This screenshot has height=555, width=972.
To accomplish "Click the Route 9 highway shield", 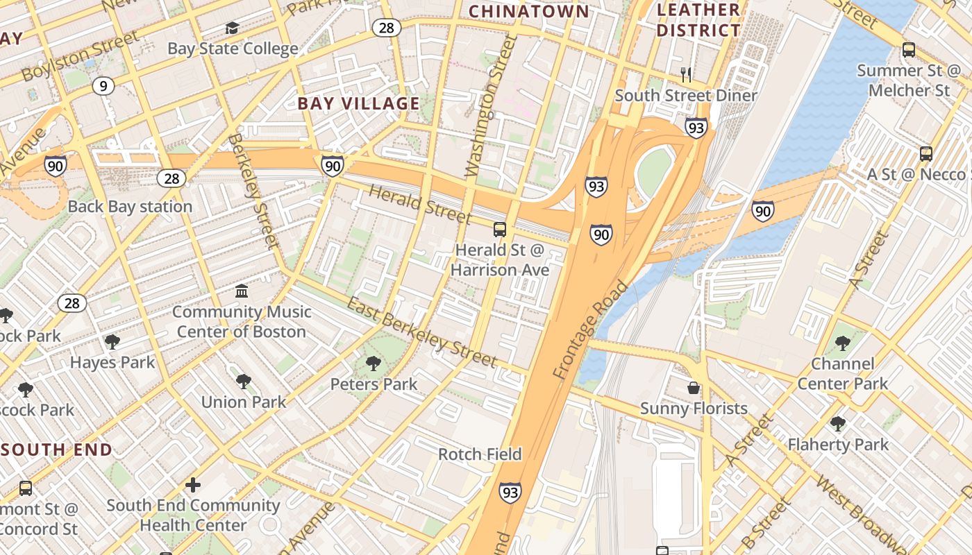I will click(103, 86).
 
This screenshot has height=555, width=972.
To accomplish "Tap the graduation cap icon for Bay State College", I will click(232, 28).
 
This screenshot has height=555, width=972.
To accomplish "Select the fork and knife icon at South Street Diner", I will click(686, 74).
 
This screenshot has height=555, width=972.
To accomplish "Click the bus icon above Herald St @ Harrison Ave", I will click(499, 230).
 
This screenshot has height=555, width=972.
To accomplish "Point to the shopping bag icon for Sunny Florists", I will click(694, 388).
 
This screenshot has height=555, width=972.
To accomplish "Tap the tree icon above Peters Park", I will click(374, 363).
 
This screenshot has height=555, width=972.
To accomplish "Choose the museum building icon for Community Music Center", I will click(242, 291).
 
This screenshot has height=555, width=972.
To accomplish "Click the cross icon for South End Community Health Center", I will click(193, 484).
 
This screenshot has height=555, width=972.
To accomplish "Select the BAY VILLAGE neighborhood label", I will click(358, 104).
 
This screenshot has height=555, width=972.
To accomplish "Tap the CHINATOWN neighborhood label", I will click(528, 11).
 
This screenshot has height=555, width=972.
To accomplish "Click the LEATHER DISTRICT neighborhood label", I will click(698, 20).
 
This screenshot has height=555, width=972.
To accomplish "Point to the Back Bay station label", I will click(130, 207).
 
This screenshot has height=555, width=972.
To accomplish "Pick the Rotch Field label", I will click(480, 454).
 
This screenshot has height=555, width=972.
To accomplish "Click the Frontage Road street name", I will click(590, 330).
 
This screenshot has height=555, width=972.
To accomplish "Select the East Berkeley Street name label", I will click(421, 332).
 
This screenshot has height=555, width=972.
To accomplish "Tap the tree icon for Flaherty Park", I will click(838, 423).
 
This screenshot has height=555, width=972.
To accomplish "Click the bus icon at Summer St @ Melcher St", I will click(908, 50).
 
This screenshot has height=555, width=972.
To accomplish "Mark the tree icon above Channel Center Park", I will click(843, 343).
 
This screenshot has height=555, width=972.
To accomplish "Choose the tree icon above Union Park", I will click(243, 381).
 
